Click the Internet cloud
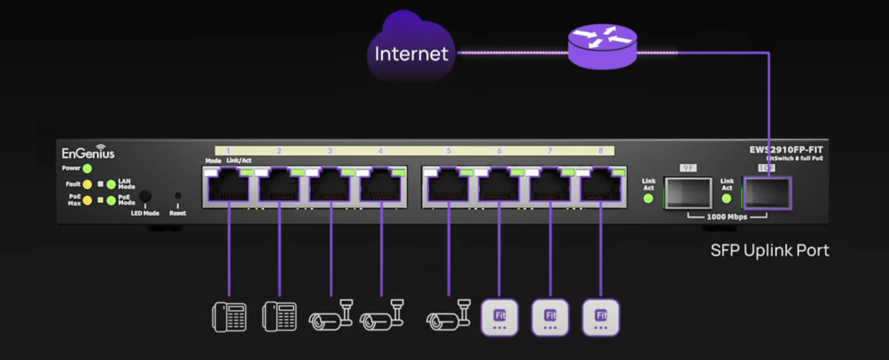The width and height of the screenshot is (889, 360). click(x=410, y=50)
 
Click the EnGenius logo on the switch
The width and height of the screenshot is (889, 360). click(x=88, y=152)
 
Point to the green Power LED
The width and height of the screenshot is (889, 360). click(x=87, y=168)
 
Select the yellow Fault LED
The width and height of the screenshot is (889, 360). click(x=87, y=184)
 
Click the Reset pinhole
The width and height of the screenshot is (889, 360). click(x=178, y=196)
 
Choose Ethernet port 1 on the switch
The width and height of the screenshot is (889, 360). click(x=229, y=185)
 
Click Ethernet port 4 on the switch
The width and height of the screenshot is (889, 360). click(x=381, y=185)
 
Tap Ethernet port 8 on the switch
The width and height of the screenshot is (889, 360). click(x=600, y=185)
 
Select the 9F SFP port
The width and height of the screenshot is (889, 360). click(x=687, y=193)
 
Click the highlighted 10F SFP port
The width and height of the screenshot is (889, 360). click(x=767, y=193)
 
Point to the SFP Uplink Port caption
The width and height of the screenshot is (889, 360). click(x=769, y=250)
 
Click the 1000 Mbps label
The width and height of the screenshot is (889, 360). click(x=726, y=217)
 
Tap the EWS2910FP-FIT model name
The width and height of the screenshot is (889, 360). click(x=786, y=150)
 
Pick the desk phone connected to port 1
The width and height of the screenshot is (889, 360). click(x=229, y=317)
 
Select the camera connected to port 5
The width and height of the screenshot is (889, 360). click(x=448, y=316)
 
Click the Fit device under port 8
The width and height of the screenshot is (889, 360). click(x=600, y=318)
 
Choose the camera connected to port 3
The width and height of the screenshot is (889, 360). click(x=331, y=316)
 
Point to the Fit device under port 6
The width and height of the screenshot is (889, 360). click(x=499, y=318)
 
